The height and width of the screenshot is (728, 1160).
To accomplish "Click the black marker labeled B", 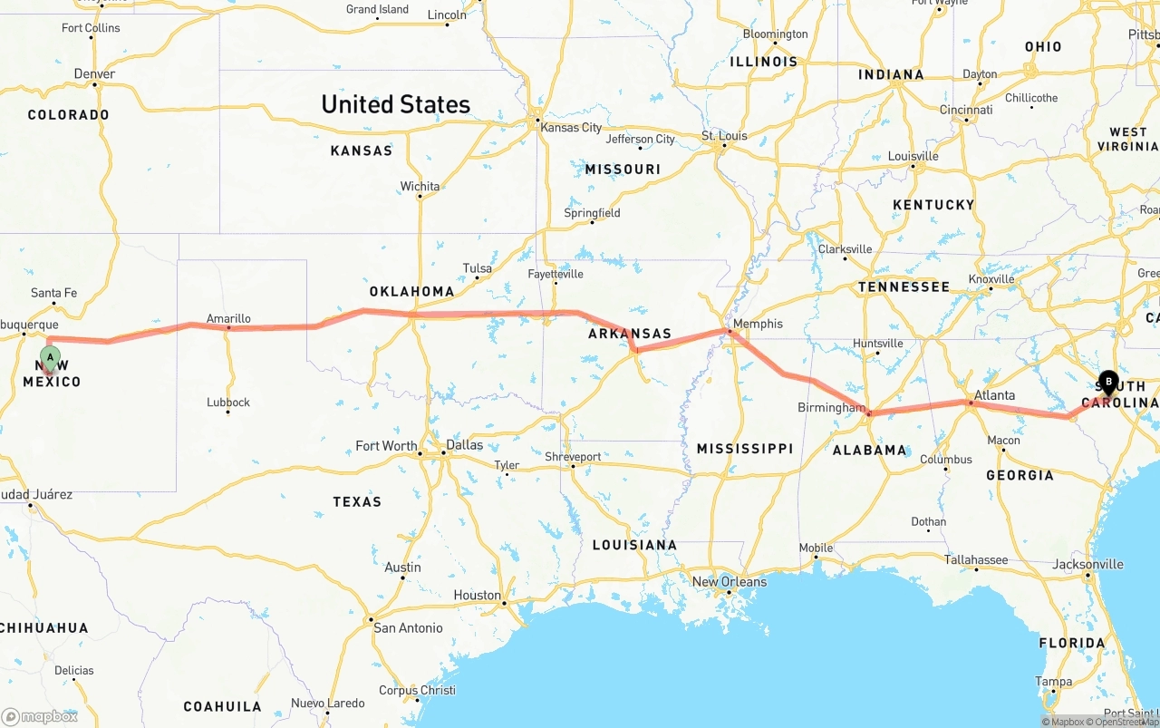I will [x=1108, y=382].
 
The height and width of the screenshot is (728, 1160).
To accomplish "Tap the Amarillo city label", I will [x=228, y=318].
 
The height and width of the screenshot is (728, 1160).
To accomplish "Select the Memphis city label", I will [x=758, y=324].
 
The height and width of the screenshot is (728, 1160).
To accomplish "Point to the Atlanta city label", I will [x=994, y=395].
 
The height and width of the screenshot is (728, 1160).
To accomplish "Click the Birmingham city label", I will [x=831, y=408].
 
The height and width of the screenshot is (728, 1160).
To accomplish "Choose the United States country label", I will [x=395, y=104].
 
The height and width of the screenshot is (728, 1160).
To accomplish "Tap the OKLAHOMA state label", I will [x=411, y=291].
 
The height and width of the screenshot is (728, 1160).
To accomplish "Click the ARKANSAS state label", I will [x=629, y=333].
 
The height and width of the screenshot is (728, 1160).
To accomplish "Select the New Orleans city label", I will [x=729, y=581].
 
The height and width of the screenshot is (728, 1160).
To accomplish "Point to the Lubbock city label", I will [x=227, y=402].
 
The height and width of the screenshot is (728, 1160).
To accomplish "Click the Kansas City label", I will [x=570, y=127].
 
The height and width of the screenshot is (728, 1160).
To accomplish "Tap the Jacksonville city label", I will [x=1087, y=564].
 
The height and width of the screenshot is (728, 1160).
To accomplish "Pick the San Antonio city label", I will [x=408, y=627].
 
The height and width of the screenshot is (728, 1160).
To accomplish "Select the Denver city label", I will [x=94, y=73].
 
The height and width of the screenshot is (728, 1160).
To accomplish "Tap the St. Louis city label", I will [x=724, y=136].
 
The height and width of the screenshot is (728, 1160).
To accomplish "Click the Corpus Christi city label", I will [x=417, y=690].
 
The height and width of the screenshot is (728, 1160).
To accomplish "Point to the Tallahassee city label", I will [x=975, y=559].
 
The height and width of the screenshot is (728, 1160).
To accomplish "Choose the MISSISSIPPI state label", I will [x=744, y=448].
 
